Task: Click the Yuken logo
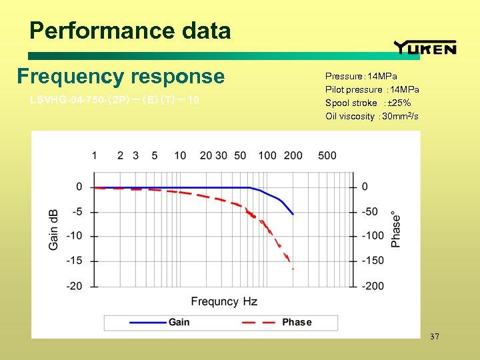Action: pos(425,47)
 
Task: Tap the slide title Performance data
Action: pos(130,31)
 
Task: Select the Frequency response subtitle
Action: pos(121,77)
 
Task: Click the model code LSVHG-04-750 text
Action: pos(114,101)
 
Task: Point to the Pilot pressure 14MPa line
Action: pos(372,89)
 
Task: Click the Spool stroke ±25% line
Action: pos(367,103)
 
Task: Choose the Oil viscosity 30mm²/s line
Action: pos(372,116)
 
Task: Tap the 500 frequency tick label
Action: pos(327,155)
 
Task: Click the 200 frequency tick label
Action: pos(293,155)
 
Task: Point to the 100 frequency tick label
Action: pos(267,155)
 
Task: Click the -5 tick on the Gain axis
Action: pos(77,212)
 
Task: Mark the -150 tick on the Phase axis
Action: pos(373,261)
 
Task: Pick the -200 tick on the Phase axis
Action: pos(373,286)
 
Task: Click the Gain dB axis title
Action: pos(54,229)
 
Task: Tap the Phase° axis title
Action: pos(396,230)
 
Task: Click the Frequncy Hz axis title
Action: pos(224,302)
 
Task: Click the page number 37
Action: pos(435,337)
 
